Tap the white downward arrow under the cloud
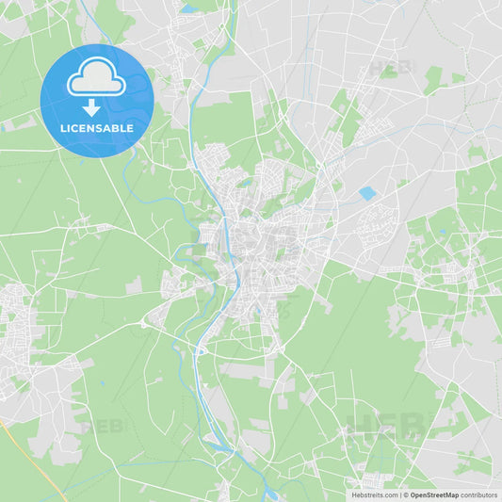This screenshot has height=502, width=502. point(91,106)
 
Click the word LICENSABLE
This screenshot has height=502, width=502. point(95,129)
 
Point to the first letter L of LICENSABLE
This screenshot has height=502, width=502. point(61,129)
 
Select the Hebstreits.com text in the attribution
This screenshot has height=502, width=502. point(374,494)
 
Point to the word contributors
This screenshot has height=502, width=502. point(479,494)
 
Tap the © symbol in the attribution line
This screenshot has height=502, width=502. point(406,494)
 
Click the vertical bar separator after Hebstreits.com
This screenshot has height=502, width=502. point(400,494)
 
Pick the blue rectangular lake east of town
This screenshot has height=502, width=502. point(366,193)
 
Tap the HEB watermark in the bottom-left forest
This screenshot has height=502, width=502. point(102,426)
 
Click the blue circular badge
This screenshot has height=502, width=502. point(96,100)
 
